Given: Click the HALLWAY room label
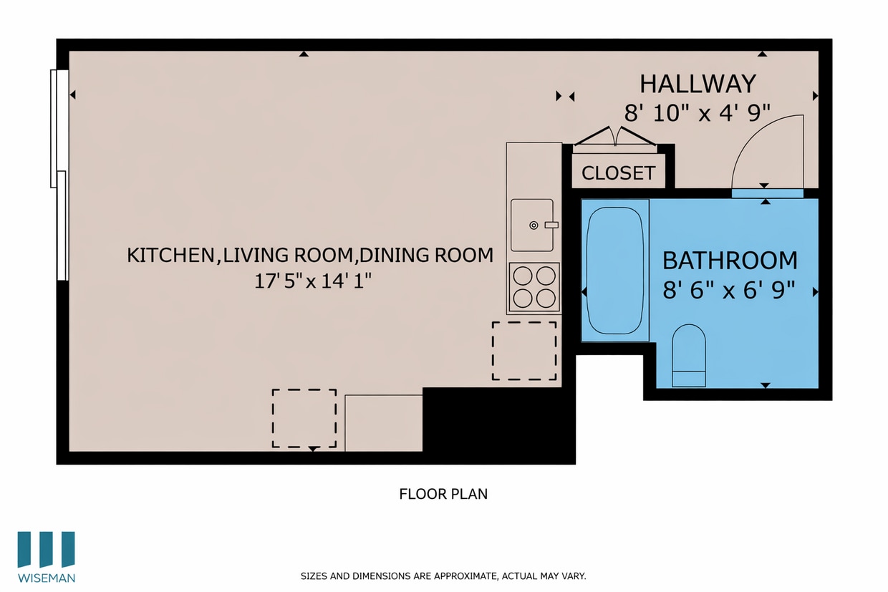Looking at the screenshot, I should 698,84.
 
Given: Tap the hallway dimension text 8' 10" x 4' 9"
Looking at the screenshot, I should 698,112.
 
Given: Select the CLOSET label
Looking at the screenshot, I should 618,173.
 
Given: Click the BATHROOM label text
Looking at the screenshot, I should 729,260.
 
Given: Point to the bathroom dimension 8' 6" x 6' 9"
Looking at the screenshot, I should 729,290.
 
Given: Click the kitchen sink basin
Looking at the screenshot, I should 531,225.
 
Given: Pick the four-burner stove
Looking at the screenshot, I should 534,286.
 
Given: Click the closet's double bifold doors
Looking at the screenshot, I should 615,137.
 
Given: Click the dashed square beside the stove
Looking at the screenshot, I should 523,351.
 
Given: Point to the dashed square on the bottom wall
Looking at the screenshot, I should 304,418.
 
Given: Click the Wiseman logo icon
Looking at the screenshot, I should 47,550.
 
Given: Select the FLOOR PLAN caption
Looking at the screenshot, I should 443,494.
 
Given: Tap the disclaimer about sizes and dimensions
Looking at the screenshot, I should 443,576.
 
